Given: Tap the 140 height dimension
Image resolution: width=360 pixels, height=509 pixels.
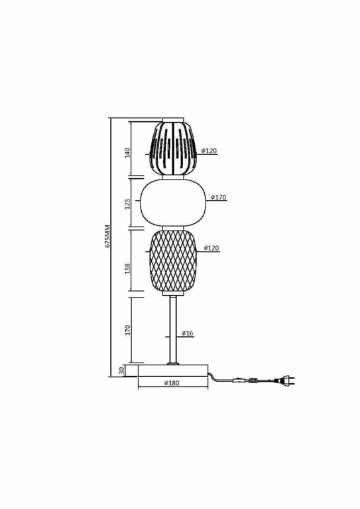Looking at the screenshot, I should coord(127,152).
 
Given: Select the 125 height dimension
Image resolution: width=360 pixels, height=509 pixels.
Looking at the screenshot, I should coord(127,203).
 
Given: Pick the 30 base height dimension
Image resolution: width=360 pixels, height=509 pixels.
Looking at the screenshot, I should coord(121,370).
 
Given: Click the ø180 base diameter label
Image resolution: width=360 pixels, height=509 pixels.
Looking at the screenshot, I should coord(172,384).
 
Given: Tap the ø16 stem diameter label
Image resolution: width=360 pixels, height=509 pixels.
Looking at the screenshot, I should coord(188,333).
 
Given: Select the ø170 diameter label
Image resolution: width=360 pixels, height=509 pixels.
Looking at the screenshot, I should coord(218,197).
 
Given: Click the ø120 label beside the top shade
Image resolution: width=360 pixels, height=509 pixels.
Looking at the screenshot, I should coord(209,151).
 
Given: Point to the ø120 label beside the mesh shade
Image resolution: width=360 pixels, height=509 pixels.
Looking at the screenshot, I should coord(211,248).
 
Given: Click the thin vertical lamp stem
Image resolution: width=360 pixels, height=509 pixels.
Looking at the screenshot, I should coord(173,328).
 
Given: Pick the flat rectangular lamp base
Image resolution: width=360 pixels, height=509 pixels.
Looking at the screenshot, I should coord(172,370).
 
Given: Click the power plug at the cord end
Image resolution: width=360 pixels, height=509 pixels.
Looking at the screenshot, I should coord(287,381).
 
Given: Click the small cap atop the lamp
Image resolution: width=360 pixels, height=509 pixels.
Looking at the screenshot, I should coord(172,120).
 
